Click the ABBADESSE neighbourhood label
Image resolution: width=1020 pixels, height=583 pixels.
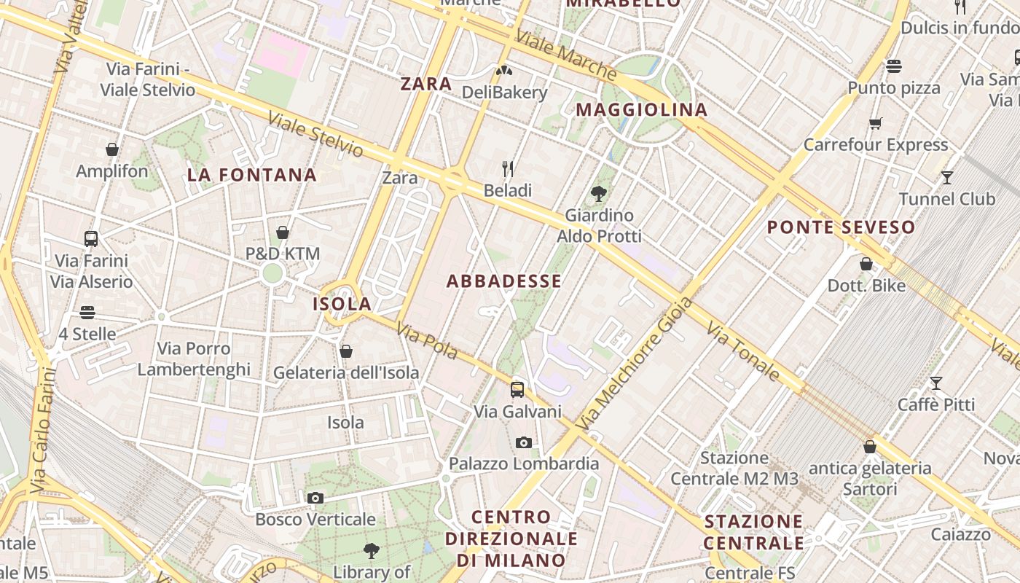click(503, 281)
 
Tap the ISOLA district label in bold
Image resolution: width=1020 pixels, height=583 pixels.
click(342, 304)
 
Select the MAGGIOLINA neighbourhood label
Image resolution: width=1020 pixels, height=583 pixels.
click(641, 110)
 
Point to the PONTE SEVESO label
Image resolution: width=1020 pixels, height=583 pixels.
click(841, 227)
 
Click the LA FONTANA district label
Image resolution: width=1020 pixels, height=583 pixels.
click(251, 175)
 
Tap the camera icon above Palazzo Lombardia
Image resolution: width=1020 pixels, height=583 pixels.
click(523, 442)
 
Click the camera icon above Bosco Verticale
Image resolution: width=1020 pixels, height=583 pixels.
click(315, 498)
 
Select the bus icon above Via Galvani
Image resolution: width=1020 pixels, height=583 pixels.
click(517, 389)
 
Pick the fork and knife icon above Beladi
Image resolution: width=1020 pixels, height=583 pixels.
click(508, 169)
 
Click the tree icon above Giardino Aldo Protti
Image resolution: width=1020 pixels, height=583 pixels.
click(599, 193)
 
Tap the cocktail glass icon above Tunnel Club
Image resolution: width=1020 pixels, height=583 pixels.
click(946, 177)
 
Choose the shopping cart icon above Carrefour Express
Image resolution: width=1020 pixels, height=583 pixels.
click(875, 123)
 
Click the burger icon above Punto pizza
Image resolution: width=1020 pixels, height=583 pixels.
click(894, 66)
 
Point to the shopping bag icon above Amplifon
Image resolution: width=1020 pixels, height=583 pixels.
click(112, 149)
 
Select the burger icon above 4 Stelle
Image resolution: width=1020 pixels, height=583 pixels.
click(87, 313)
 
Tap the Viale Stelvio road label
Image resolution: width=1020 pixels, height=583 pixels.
click(315, 134)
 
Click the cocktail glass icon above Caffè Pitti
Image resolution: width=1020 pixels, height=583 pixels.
click(935, 383)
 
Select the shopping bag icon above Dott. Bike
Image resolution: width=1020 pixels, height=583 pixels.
click(866, 264)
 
